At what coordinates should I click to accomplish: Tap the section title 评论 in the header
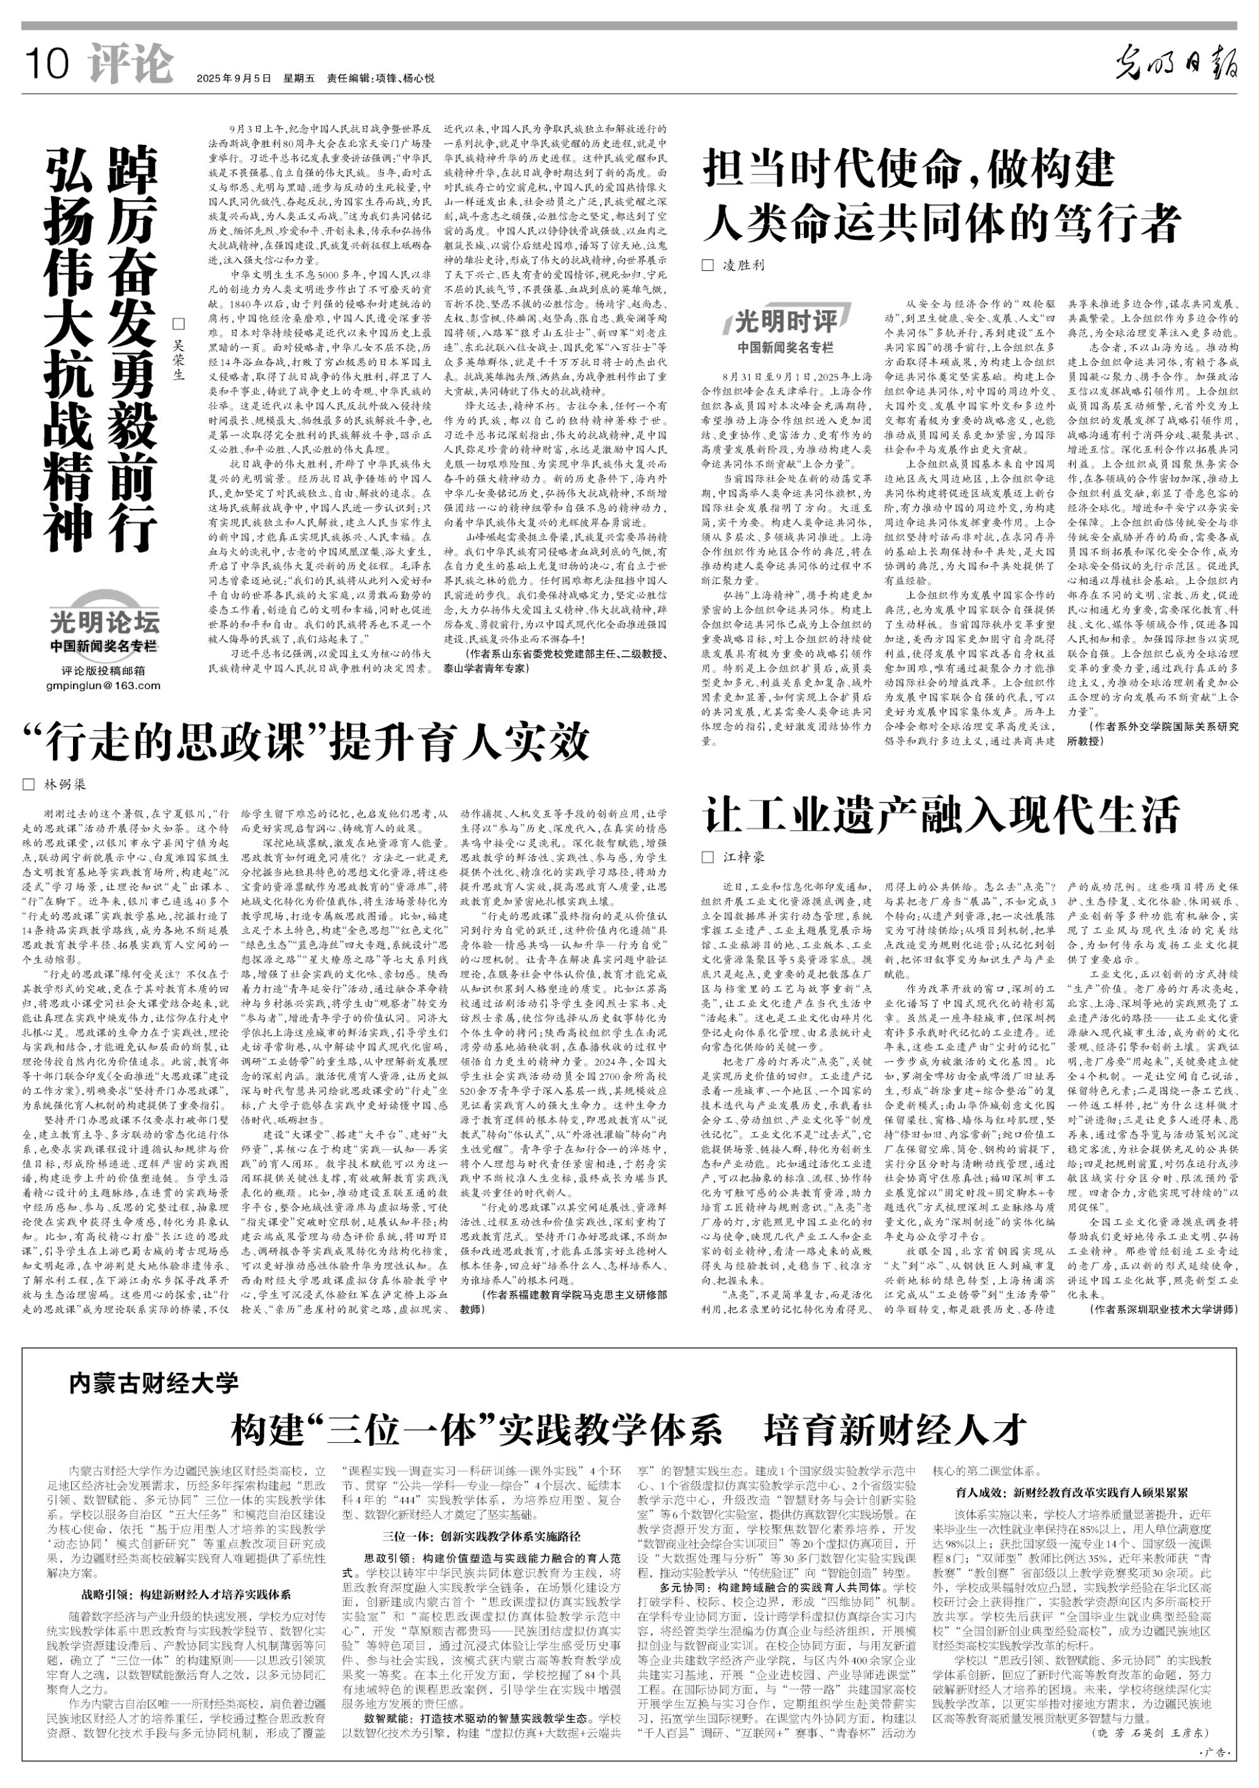[130, 63]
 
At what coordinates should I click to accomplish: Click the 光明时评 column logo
[786, 320]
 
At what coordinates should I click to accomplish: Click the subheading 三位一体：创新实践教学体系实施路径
[481, 1537]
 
